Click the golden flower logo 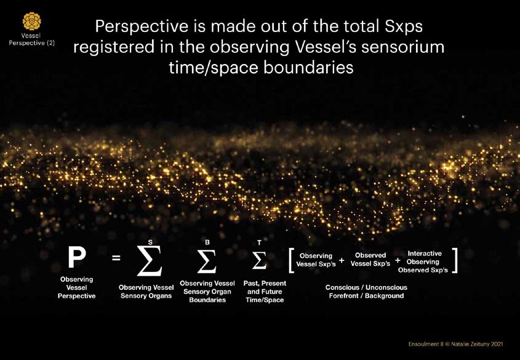point(32,22)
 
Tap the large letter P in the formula point(77,257)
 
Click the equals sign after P point(116,257)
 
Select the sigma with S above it point(150,261)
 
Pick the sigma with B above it point(207,261)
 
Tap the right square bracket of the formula point(455,260)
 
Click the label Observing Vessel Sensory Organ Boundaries point(207,292)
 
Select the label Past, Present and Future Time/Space point(265,292)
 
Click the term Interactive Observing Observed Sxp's point(423,262)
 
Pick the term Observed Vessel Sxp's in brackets point(370,260)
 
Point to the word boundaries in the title point(308,67)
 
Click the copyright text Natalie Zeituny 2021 point(477,344)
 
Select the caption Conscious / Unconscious point(366,287)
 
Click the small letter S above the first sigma point(150,242)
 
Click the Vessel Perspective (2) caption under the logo point(32,39)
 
